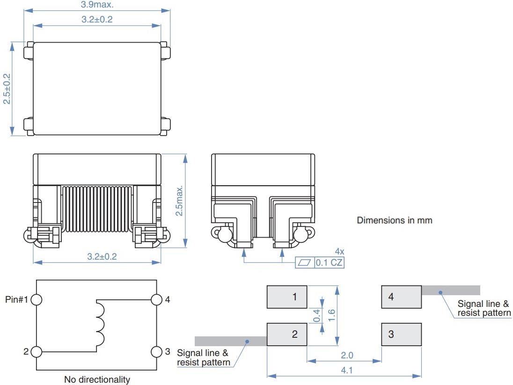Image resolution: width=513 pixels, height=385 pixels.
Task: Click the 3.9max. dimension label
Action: [97, 4]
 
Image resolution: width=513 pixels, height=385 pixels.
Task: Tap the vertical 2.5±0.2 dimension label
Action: [7, 89]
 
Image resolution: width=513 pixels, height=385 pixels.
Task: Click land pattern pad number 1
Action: [287, 297]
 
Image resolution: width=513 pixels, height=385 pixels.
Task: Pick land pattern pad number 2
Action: [287, 334]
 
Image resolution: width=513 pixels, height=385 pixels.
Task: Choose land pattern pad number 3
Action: [401, 334]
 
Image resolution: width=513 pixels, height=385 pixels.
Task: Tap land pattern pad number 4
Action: [401, 297]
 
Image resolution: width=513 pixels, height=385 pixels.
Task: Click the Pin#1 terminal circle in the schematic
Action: [37, 299]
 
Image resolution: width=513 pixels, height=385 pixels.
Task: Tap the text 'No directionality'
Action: [97, 379]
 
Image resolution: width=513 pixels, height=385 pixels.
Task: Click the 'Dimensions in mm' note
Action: [395, 220]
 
